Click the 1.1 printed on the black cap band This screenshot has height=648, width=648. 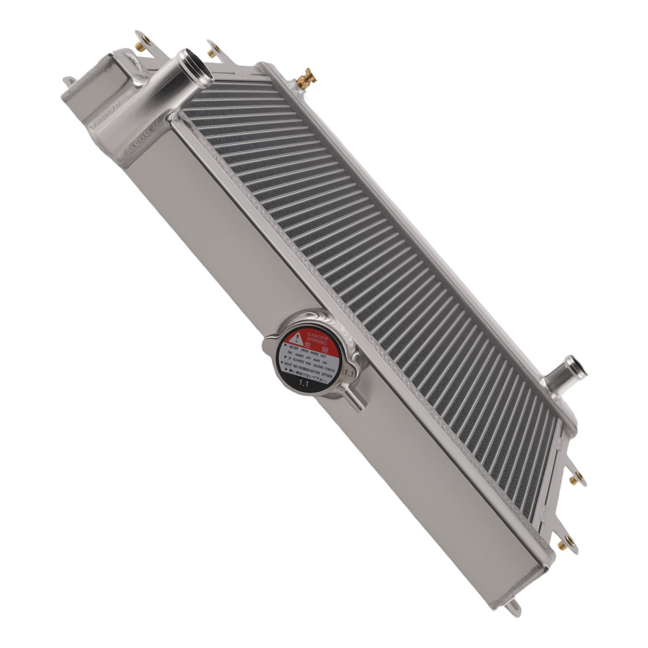303,384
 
